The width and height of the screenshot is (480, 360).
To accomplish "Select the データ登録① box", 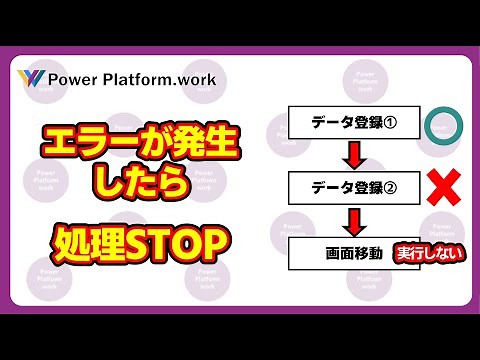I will click(341, 125).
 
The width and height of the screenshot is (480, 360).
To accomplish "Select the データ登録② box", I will click(341, 187).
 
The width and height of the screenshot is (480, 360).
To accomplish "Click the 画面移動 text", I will click(354, 252).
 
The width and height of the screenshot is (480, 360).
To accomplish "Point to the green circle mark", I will click(440, 125).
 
